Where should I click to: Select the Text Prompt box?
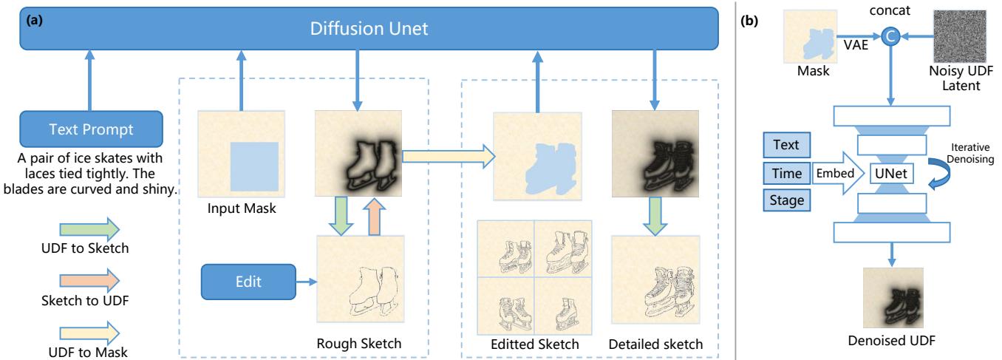pyautogui.click(x=92, y=129)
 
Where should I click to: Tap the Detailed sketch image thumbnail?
pyautogui.click(x=655, y=280)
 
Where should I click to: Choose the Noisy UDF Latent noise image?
pyautogui.click(x=959, y=39)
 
